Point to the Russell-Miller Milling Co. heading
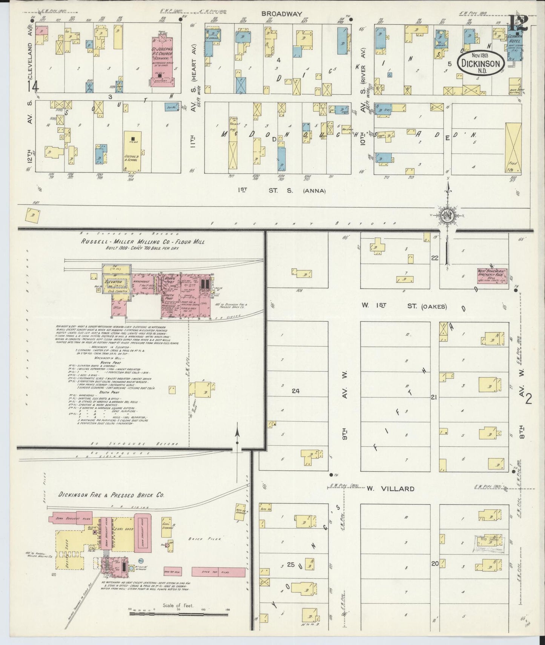143,241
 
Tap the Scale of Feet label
178,605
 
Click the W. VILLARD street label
390,488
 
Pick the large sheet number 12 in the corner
518,25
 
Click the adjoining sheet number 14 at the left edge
33,87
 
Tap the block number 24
295,391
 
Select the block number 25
290,565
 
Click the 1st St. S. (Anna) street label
282,190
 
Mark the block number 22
435,258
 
